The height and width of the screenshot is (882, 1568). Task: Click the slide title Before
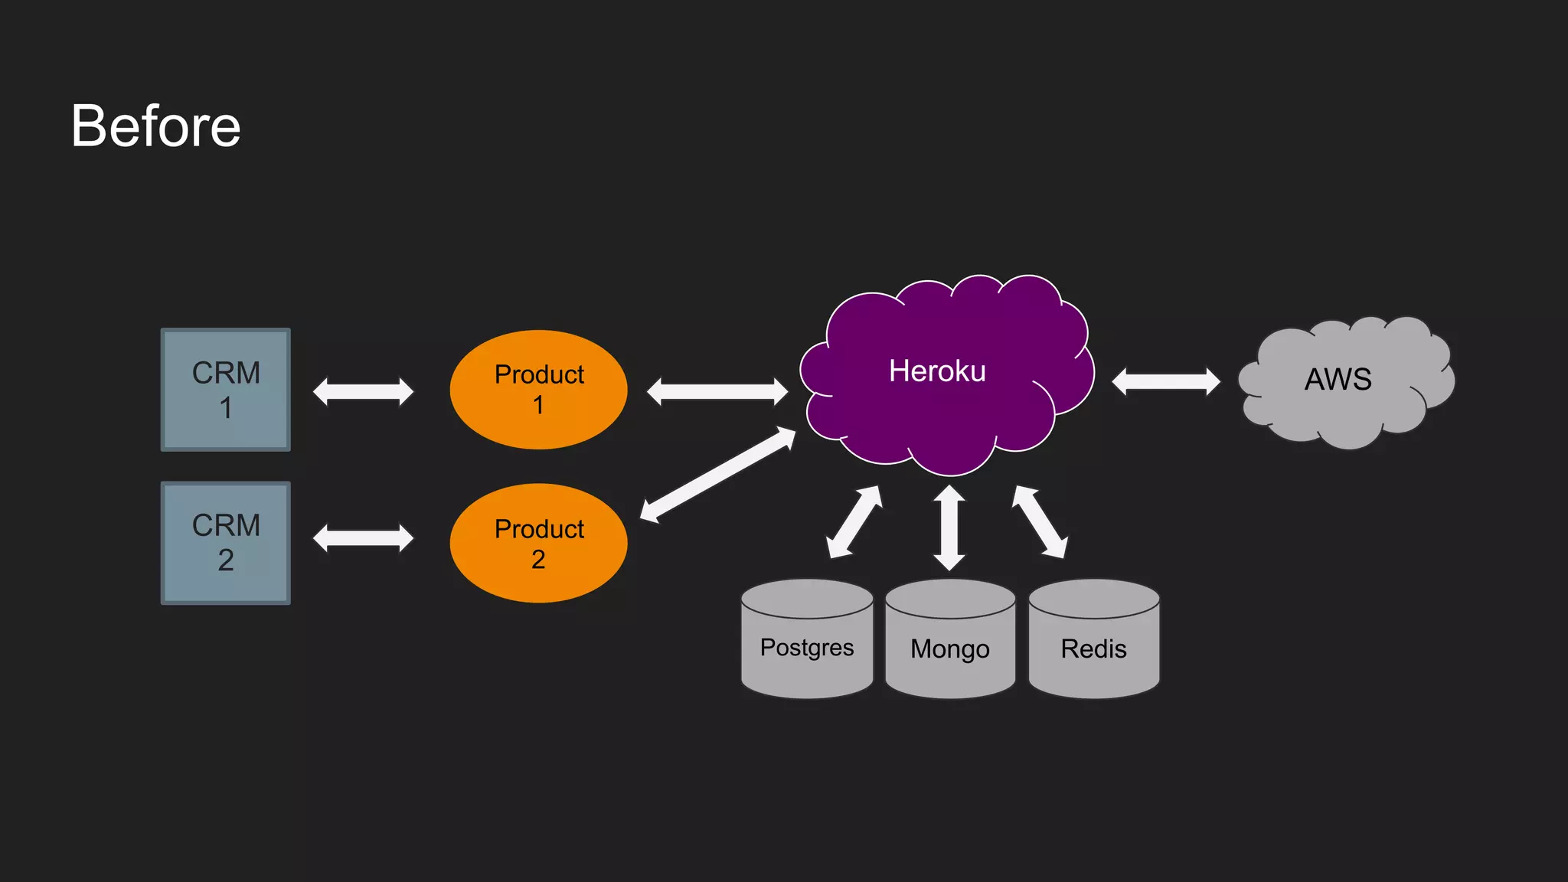tap(156, 126)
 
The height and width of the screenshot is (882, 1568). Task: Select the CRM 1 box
tap(225, 390)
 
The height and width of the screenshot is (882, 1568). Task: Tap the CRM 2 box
tap(225, 543)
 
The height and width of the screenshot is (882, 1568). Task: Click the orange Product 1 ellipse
tap(538, 390)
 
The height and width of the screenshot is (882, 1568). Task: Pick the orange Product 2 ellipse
tap(538, 543)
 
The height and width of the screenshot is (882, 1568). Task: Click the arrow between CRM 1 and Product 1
tap(363, 392)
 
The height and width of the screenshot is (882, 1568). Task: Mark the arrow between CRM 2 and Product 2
tap(363, 537)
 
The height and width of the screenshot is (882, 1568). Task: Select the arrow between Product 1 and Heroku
tap(717, 392)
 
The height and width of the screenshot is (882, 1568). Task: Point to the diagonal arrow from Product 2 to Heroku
tap(717, 475)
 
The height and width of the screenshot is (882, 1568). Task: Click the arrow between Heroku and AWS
tap(1166, 381)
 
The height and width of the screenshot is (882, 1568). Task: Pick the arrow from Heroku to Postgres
tap(854, 522)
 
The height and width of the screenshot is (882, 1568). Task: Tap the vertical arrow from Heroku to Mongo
tap(949, 528)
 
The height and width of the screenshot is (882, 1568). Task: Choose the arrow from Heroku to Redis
tap(1040, 522)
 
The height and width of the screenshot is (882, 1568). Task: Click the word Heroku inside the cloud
tap(937, 371)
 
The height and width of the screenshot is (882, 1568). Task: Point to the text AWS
tap(1338, 380)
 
